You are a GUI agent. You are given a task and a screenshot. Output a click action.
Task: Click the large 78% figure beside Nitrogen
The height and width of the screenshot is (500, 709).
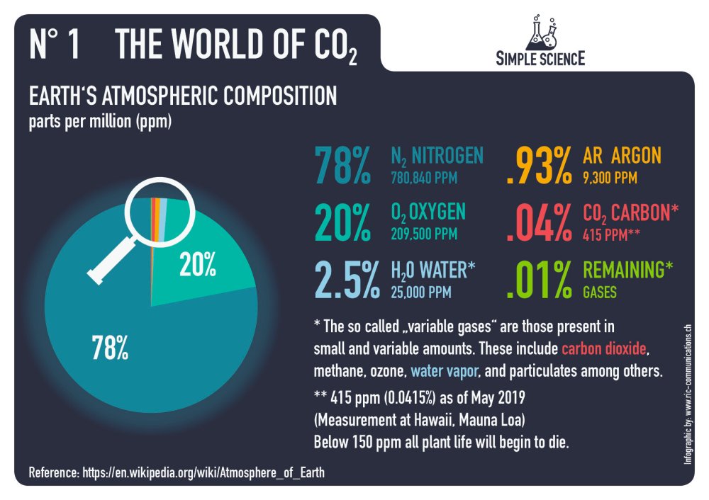342,165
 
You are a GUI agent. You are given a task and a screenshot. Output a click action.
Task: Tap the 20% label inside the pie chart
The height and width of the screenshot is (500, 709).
199,265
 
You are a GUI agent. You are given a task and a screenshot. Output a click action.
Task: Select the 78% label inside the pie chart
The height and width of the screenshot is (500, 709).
109,347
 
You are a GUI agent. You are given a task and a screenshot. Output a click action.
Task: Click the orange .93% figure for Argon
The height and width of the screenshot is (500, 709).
539,165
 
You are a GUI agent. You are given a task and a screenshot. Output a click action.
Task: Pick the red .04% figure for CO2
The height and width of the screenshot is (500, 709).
539,222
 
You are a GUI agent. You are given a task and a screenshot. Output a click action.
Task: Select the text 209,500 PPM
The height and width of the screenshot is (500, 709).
424,234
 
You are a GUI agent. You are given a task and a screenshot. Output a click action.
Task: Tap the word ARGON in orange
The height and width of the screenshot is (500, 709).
635,155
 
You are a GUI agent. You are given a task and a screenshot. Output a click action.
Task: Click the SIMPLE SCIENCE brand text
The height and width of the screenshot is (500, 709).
541,58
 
